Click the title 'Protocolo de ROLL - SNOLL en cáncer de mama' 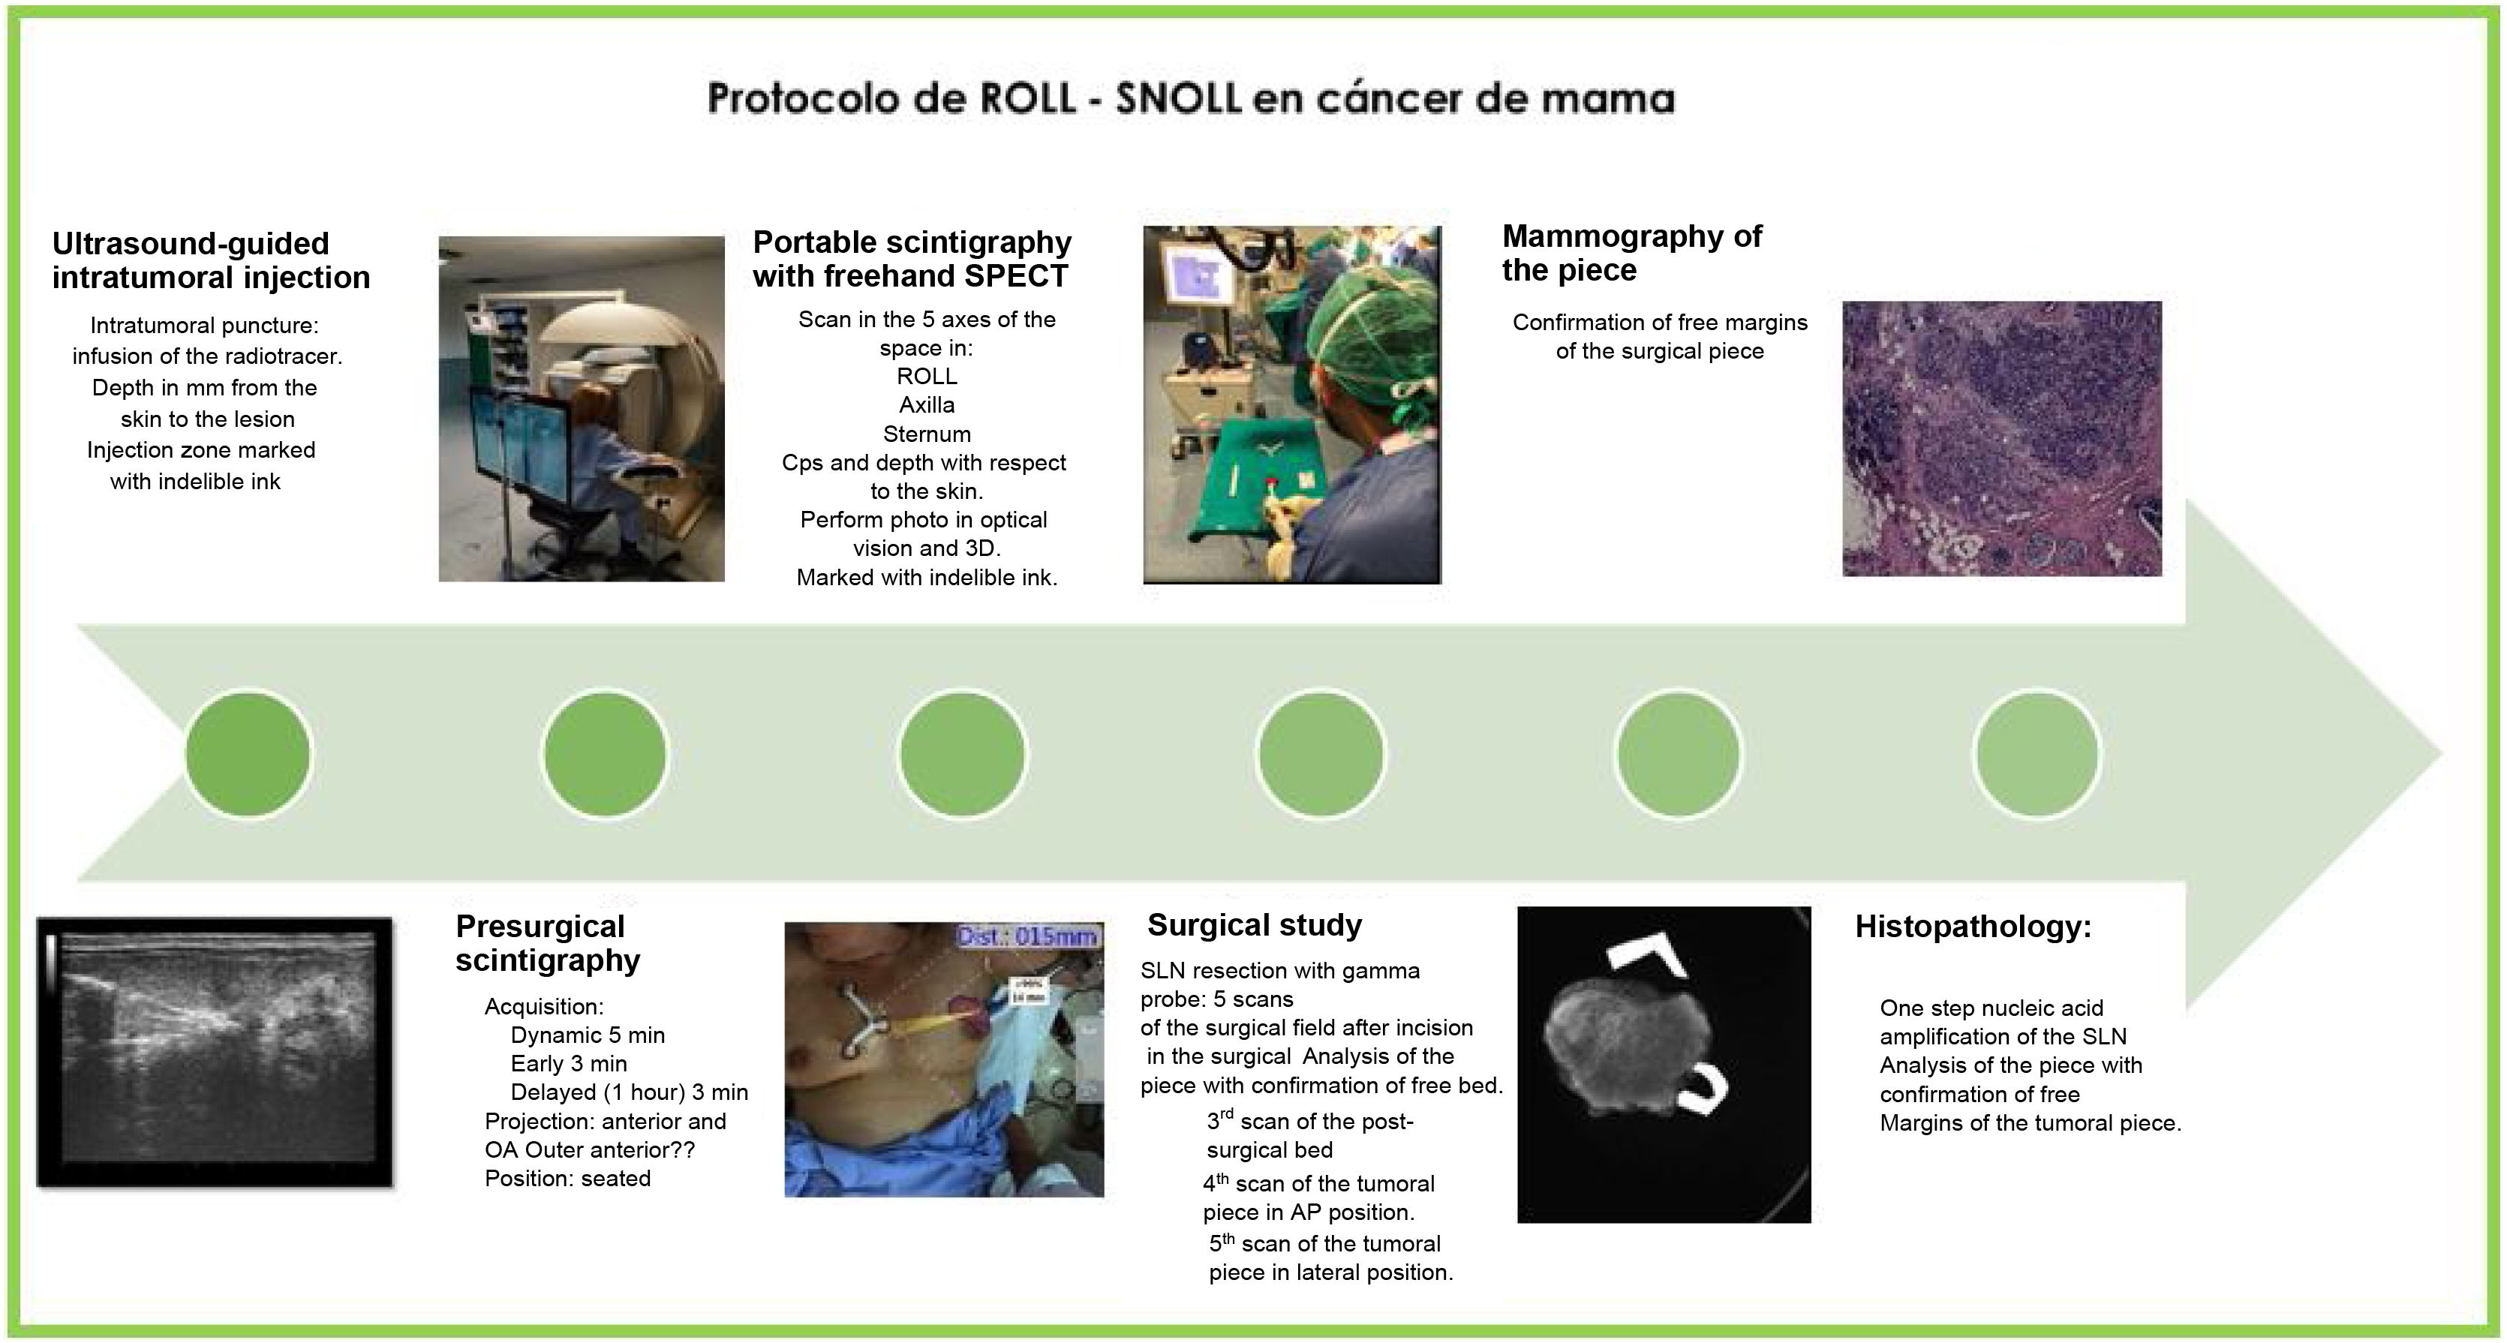(x=1190, y=99)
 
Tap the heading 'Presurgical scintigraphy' (x=548, y=943)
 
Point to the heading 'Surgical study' (x=1255, y=924)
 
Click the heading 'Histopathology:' (x=1973, y=927)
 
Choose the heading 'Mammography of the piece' (x=1632, y=253)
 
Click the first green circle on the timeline (x=248, y=754)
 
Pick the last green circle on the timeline (x=2037, y=754)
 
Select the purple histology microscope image (x=2002, y=438)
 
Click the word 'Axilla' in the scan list (x=927, y=405)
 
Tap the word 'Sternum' (x=927, y=434)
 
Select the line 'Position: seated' (x=567, y=1179)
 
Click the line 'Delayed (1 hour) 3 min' (x=629, y=1092)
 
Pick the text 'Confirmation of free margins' (x=1659, y=323)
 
